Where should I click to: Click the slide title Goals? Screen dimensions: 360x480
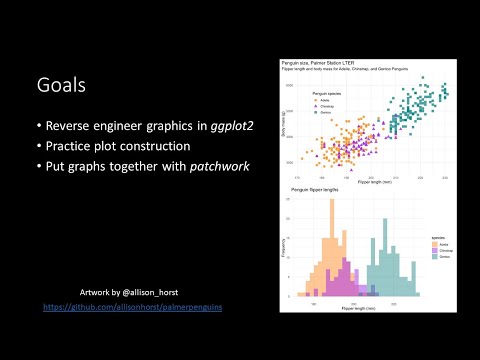coord(59,86)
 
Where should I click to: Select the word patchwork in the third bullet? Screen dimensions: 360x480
coord(217,166)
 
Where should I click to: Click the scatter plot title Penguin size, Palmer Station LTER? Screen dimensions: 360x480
coord(318,61)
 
